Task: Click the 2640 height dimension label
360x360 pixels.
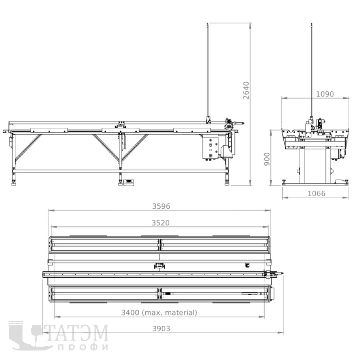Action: (x=246, y=90)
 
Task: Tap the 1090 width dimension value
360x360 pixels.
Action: (x=325, y=94)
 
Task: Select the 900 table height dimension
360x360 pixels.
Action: (x=267, y=159)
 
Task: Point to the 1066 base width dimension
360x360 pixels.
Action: (x=316, y=194)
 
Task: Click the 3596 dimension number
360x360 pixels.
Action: (x=161, y=206)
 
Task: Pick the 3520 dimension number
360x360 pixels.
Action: (x=161, y=223)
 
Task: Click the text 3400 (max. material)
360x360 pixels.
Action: (x=159, y=312)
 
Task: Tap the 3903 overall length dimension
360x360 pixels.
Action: (x=161, y=329)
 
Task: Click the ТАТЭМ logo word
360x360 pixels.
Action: (x=77, y=333)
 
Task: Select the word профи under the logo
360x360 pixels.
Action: (x=83, y=347)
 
